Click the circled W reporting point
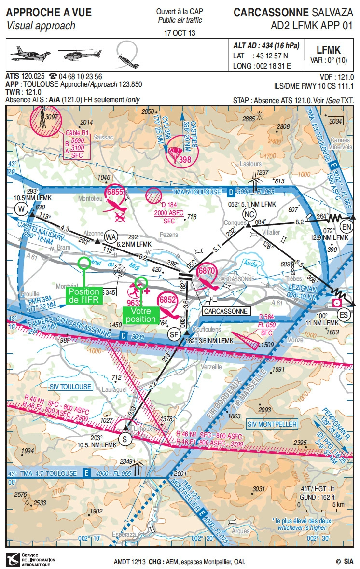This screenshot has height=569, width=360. (21, 208)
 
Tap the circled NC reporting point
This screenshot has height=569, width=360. (249, 214)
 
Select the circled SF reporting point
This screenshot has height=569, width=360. (173, 333)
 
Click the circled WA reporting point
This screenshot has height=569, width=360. (111, 236)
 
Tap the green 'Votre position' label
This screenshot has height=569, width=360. (141, 315)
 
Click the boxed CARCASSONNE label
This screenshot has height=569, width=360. (225, 311)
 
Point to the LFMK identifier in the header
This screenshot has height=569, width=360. (328, 50)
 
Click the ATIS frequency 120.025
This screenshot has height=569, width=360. (33, 76)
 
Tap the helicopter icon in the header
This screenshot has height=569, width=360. (80, 55)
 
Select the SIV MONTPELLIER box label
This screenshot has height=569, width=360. (272, 424)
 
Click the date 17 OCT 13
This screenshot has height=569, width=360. (180, 33)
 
